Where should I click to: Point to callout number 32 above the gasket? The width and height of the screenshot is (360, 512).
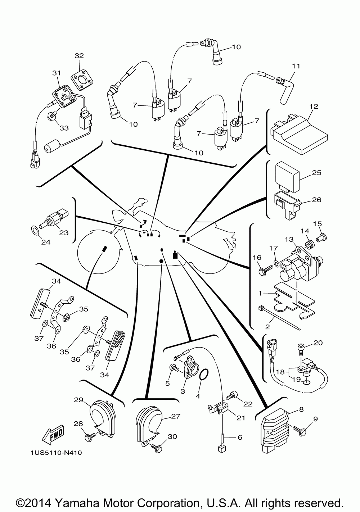pyautogui.click(x=79, y=55)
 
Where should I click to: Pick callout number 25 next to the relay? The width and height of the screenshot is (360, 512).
pyautogui.click(x=317, y=173)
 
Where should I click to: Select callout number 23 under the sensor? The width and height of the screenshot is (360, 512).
pyautogui.click(x=64, y=233)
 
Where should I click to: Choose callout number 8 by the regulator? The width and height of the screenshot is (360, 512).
pyautogui.click(x=301, y=409)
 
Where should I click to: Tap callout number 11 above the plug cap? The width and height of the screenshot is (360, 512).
pyautogui.click(x=296, y=66)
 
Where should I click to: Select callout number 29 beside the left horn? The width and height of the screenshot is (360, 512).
pyautogui.click(x=78, y=400)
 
